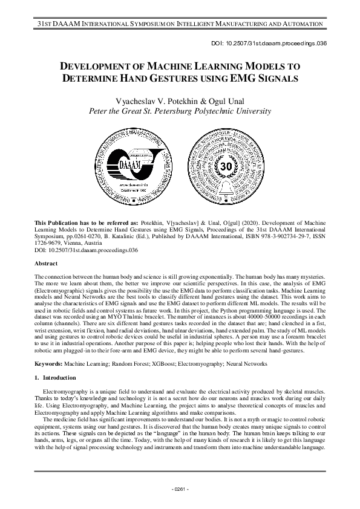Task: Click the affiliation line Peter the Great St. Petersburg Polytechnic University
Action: point(180,111)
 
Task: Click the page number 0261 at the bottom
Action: point(180,488)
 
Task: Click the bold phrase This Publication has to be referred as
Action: point(87,222)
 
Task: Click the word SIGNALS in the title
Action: point(273,79)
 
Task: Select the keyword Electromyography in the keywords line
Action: point(182,364)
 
